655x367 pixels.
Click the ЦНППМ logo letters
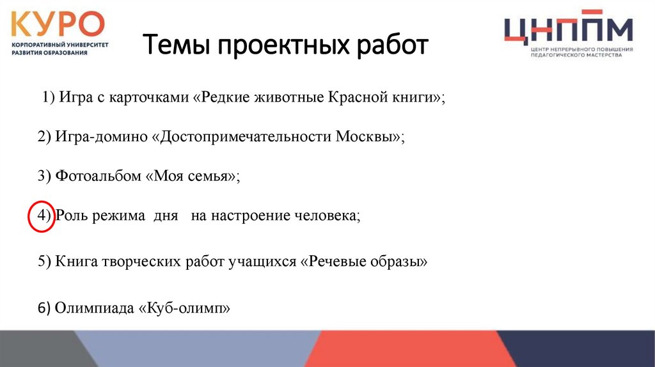point(567,29)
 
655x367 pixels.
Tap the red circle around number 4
point(40,217)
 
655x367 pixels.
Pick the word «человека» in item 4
point(327,216)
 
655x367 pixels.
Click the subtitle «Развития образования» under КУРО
point(49,52)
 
